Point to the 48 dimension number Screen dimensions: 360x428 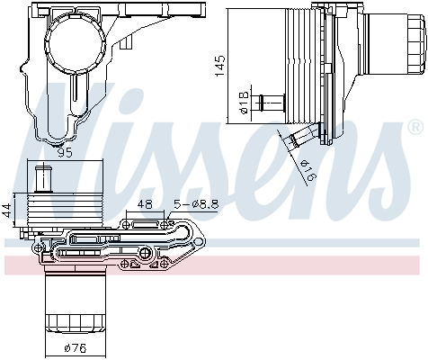pyautogui.click(x=143, y=204)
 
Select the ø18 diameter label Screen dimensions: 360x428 pyautogui.click(x=244, y=109)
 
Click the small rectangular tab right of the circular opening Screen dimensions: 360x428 pyautogui.click(x=131, y=40)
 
